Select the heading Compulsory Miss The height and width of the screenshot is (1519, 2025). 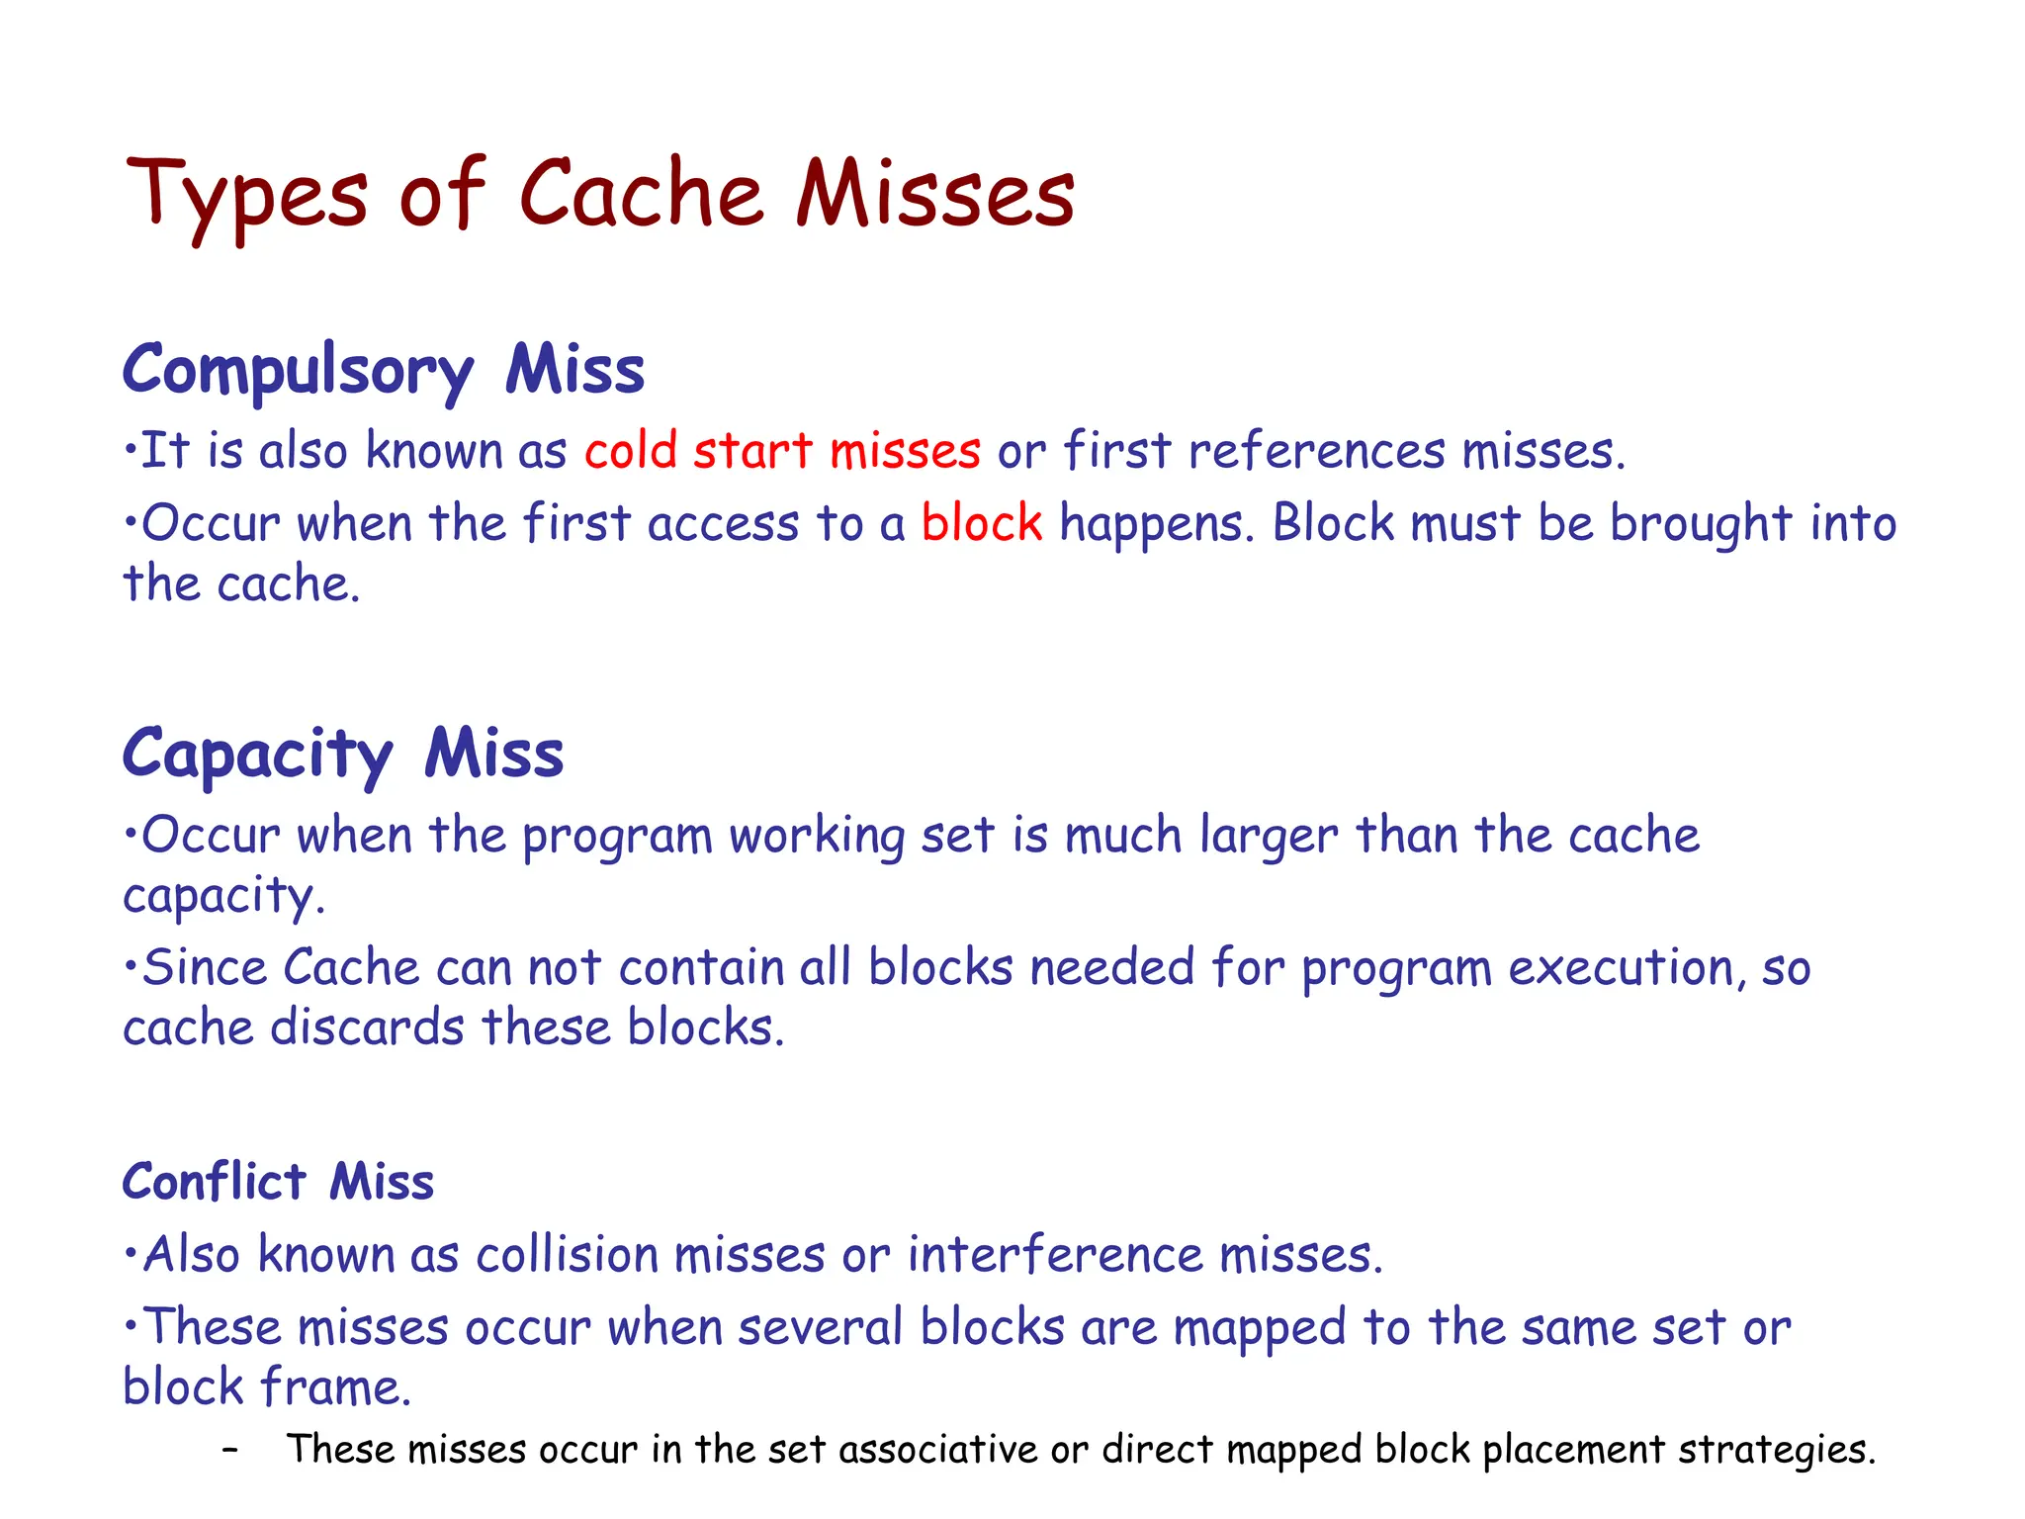(384, 370)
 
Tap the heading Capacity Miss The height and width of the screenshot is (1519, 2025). (343, 754)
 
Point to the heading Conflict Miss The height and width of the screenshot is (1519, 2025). (278, 1182)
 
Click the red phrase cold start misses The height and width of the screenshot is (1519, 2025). (782, 451)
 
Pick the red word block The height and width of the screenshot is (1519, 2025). (982, 522)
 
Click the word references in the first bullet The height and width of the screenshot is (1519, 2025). (1316, 451)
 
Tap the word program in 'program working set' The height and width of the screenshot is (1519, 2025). (617, 837)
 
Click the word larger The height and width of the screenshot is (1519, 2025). (1269, 837)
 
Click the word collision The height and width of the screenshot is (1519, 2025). (567, 1255)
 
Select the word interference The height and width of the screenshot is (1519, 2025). (1055, 1255)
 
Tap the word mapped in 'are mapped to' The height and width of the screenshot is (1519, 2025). (1259, 1328)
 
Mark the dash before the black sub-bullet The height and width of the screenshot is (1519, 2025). (230, 1450)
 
